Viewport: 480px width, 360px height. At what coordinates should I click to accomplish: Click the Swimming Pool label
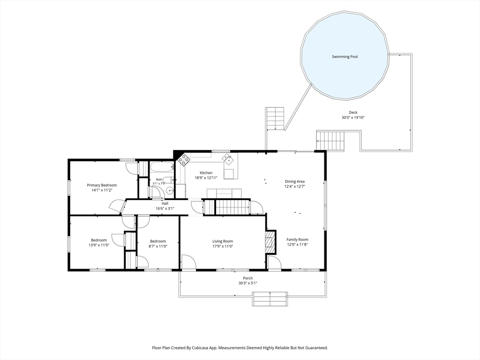point(345,57)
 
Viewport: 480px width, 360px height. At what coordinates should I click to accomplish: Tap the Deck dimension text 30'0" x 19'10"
point(353,118)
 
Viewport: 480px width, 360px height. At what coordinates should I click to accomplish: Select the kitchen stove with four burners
point(184,159)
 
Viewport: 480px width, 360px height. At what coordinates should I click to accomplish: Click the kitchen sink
point(227,158)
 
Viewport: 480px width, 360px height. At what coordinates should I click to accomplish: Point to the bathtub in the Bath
point(162,167)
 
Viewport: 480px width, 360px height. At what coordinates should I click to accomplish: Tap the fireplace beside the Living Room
point(270,241)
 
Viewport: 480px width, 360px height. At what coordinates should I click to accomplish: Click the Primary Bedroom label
point(102,185)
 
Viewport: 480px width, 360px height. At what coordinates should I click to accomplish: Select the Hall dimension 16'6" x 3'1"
point(165,209)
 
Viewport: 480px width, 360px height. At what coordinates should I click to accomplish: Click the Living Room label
point(223,241)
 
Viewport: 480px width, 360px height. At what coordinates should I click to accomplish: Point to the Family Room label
point(297,240)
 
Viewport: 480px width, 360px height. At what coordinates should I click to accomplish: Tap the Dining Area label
point(294,181)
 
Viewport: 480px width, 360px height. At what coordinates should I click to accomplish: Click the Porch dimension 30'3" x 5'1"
point(247,283)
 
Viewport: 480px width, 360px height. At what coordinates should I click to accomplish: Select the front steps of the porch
point(270,299)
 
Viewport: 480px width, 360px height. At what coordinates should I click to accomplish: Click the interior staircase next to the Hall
point(232,207)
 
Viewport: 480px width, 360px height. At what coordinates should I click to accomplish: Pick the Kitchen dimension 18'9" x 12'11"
point(206,178)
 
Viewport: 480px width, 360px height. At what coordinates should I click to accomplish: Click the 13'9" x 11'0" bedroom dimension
point(98,245)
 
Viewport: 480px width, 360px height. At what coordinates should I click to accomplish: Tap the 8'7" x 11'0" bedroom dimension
point(158,246)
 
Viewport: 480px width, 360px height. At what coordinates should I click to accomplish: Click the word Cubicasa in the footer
point(201,348)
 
